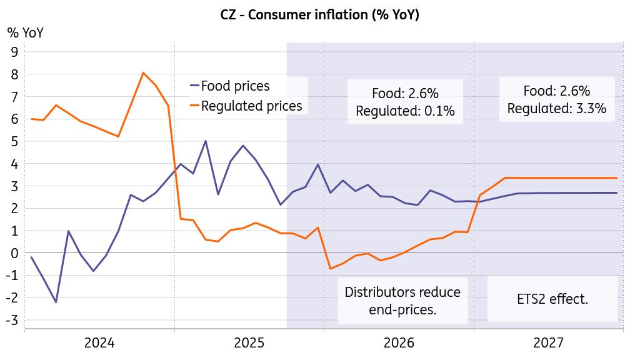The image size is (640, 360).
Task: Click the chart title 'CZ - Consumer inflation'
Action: pyautogui.click(x=319, y=15)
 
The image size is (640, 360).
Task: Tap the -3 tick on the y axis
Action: pyautogui.click(x=12, y=320)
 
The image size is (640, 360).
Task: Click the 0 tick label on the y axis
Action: pyautogui.click(x=14, y=253)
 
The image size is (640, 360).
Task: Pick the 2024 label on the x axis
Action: pyautogui.click(x=99, y=342)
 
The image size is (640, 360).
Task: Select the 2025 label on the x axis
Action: pyautogui.click(x=249, y=342)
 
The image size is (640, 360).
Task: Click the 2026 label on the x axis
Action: pyautogui.click(x=399, y=342)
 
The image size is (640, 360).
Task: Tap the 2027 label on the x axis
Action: pyautogui.click(x=549, y=342)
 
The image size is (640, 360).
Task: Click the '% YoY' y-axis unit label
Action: pyautogui.click(x=26, y=32)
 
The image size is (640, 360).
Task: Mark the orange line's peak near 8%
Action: pyautogui.click(x=143, y=73)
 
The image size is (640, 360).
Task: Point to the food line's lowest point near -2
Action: pyautogui.click(x=56, y=302)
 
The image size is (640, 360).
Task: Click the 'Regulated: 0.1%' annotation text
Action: pyautogui.click(x=405, y=111)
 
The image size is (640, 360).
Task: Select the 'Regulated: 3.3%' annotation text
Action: pyautogui.click(x=556, y=108)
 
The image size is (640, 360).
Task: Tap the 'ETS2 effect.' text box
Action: pyautogui.click(x=552, y=299)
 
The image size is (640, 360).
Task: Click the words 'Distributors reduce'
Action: pyautogui.click(x=402, y=292)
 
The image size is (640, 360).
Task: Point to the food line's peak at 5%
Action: pyautogui.click(x=206, y=141)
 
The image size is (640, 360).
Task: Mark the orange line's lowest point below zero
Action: pyautogui.click(x=330, y=269)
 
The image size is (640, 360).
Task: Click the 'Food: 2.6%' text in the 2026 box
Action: pyautogui.click(x=405, y=94)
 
